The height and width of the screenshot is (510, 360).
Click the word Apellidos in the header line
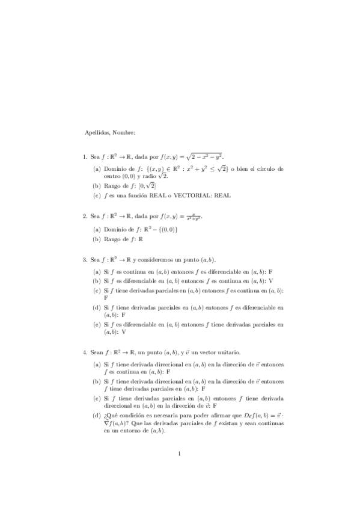coord(96,132)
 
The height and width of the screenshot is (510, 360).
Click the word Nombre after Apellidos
coord(123,132)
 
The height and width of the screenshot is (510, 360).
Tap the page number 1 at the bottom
coord(180,470)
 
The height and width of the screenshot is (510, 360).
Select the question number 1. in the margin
coord(85,156)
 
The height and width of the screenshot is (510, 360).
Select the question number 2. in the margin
coord(85,215)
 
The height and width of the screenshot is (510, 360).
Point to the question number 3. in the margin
coord(85,259)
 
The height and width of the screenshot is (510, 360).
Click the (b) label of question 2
coord(97,239)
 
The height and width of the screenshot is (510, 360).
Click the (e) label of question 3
coord(97,324)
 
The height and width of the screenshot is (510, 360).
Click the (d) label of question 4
coord(97,416)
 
